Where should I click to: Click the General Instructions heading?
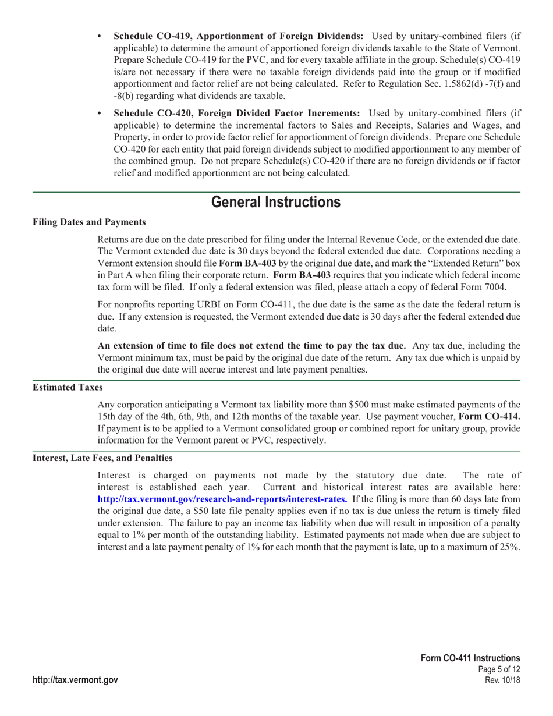(276, 202)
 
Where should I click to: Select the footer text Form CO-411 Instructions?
(470, 657)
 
